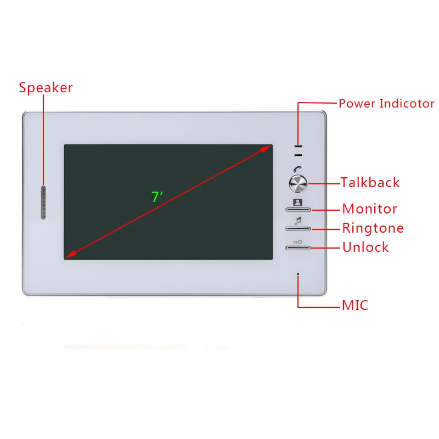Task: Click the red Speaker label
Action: (46, 88)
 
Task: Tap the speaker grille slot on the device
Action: (43, 202)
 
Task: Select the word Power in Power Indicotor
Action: (357, 103)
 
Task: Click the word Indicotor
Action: (407, 103)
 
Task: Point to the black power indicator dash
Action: (298, 147)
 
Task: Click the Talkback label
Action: (370, 183)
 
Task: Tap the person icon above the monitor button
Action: (297, 202)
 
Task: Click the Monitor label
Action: (369, 209)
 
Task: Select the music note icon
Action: (298, 221)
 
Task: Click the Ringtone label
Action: (373, 228)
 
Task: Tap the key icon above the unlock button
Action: (297, 241)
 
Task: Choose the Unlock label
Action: (365, 247)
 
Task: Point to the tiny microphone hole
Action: (298, 273)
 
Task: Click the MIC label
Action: (354, 305)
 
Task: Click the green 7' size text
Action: (157, 197)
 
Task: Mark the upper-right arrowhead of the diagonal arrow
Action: (268, 147)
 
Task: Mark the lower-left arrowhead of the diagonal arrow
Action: (69, 255)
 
